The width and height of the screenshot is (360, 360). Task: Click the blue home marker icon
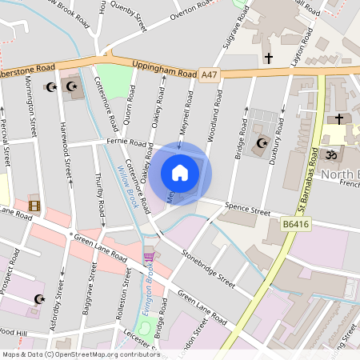click(180, 172)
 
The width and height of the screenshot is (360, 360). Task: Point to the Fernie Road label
click(126, 143)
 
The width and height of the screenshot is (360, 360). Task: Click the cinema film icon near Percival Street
click(34, 205)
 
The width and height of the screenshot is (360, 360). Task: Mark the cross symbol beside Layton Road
click(269, 58)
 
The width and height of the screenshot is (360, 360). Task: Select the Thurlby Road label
click(100, 197)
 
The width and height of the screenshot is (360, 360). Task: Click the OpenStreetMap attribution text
click(81, 354)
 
